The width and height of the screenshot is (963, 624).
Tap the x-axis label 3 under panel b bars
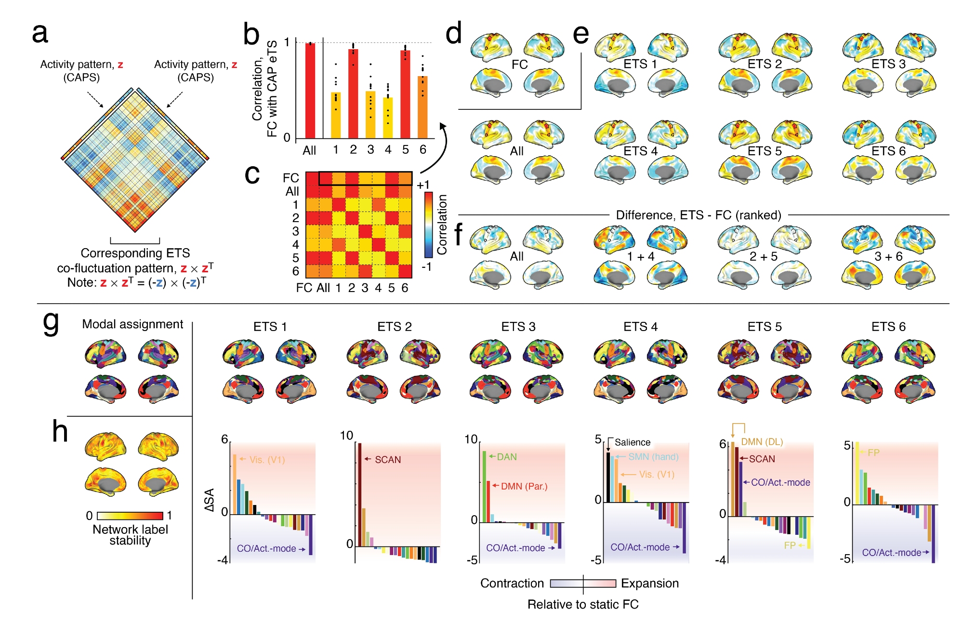point(370,150)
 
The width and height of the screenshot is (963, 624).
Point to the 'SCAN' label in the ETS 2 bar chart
point(387,460)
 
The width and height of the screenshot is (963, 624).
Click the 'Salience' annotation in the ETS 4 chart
point(632,442)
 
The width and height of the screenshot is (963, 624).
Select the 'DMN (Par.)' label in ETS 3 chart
point(524,486)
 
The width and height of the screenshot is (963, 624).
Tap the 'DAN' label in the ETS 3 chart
point(506,457)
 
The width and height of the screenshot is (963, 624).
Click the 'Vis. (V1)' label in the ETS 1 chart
point(267,460)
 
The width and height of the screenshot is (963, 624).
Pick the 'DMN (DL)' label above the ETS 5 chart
point(762,442)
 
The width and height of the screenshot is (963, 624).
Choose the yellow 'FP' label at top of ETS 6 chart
point(873,453)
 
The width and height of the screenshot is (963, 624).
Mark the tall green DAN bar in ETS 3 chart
point(484,487)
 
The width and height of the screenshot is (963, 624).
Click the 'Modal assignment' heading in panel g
point(132,324)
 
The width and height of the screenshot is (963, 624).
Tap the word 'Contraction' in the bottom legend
point(512,584)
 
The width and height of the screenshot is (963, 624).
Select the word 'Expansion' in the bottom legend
point(649,584)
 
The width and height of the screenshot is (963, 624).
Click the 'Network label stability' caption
point(130,535)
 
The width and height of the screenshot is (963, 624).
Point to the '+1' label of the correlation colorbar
point(423,185)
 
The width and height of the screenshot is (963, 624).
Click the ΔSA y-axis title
point(209,500)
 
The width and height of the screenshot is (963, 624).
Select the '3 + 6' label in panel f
point(888,256)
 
